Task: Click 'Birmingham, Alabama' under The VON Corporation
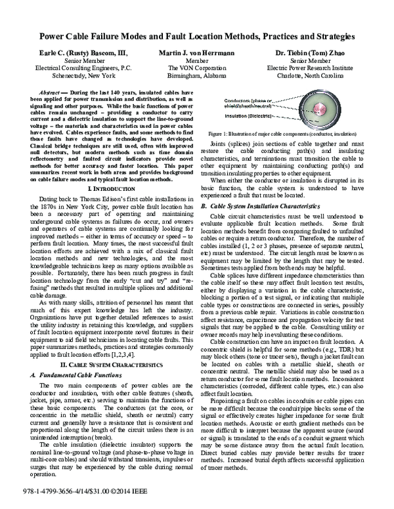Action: coord(195,75)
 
